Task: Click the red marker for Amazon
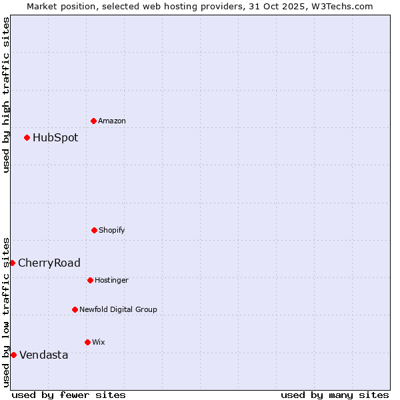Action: click(93, 121)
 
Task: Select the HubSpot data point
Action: click(27, 137)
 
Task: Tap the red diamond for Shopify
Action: click(94, 230)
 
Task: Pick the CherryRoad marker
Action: click(12, 263)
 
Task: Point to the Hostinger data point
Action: click(90, 280)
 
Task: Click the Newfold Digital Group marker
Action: click(75, 309)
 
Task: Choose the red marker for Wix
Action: click(87, 342)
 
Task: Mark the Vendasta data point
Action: click(13, 355)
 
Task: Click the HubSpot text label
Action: click(55, 138)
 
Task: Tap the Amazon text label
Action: click(112, 121)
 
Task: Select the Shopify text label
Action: click(112, 231)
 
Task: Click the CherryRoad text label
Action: click(49, 263)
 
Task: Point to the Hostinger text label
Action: click(111, 281)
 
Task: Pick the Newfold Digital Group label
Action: click(118, 310)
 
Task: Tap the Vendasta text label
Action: click(44, 355)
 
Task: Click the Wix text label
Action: click(99, 343)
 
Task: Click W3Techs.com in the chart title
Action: click(340, 6)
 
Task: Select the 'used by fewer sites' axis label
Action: click(69, 395)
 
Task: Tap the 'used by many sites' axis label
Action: click(335, 395)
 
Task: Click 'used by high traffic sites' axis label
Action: click(6, 95)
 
